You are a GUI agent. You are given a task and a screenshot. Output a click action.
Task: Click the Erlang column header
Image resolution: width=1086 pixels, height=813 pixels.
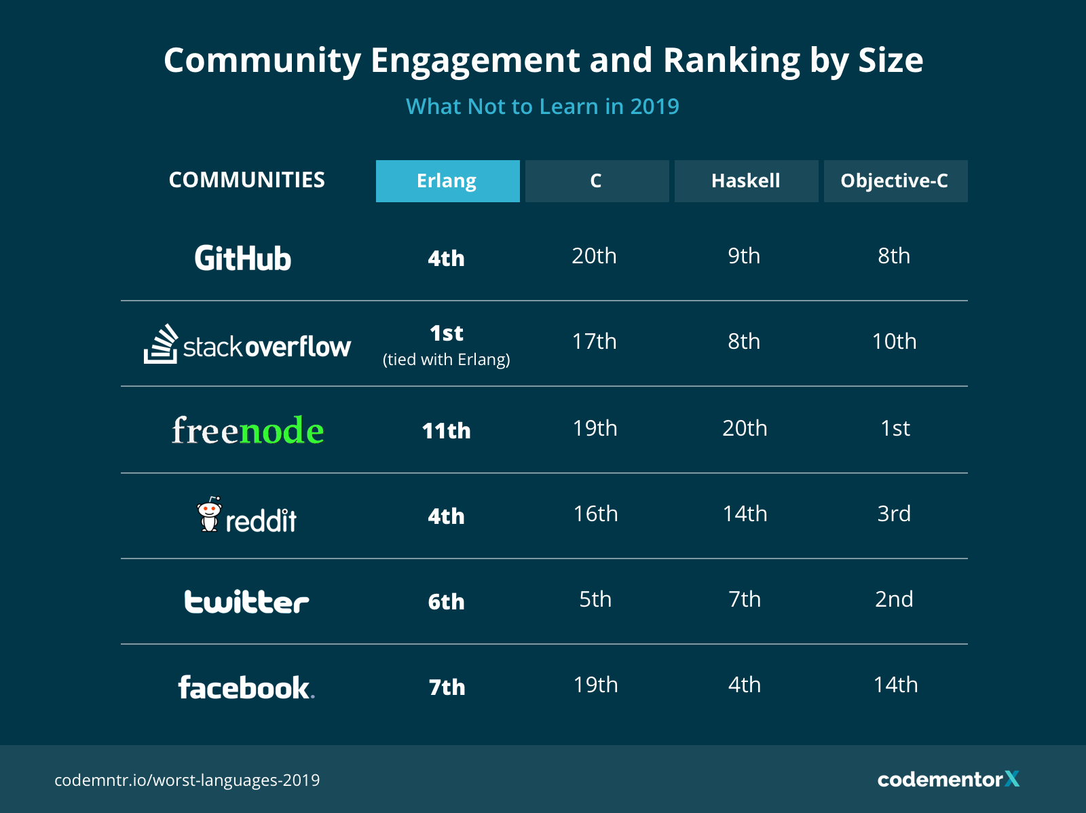click(447, 181)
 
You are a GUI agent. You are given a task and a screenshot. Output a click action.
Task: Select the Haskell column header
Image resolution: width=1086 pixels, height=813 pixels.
click(746, 181)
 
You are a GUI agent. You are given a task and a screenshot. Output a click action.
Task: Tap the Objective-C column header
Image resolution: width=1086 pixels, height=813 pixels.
click(895, 181)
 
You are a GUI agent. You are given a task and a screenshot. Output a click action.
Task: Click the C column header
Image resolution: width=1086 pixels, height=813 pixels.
click(597, 181)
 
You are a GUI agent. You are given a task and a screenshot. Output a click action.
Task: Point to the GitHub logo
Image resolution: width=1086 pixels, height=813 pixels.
click(243, 259)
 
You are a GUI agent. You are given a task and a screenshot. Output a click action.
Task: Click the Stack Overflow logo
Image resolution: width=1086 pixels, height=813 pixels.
click(247, 345)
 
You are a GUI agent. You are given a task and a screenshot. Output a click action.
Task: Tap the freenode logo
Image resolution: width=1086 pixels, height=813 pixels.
click(248, 430)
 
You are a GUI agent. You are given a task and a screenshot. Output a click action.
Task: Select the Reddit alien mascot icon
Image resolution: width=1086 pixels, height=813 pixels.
click(209, 514)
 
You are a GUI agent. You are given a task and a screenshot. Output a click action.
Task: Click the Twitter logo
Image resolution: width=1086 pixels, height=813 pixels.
click(246, 602)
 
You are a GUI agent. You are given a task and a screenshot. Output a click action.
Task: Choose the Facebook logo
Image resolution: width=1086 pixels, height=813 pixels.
click(246, 687)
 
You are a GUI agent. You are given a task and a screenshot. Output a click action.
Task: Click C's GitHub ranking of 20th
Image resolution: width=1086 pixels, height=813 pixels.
click(594, 256)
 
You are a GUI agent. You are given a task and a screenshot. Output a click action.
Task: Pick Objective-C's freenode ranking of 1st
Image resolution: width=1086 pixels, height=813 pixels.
click(895, 428)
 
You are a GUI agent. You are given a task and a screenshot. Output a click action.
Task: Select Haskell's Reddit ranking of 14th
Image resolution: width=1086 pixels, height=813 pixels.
click(745, 514)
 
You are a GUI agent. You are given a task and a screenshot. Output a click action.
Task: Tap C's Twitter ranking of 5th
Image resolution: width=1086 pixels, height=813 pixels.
click(595, 599)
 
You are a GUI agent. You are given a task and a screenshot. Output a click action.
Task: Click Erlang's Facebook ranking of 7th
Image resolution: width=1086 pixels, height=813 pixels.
click(447, 687)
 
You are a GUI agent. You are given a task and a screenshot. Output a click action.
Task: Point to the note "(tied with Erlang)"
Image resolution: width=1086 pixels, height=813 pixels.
click(447, 360)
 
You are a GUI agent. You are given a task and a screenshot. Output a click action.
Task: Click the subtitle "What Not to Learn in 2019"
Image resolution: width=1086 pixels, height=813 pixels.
click(542, 107)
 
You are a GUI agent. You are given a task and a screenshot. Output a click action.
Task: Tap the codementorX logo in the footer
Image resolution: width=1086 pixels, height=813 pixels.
click(948, 779)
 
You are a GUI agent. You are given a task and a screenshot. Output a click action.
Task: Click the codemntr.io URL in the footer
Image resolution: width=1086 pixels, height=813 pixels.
click(187, 780)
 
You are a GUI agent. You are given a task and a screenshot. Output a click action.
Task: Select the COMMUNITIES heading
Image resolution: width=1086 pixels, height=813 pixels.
click(247, 180)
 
